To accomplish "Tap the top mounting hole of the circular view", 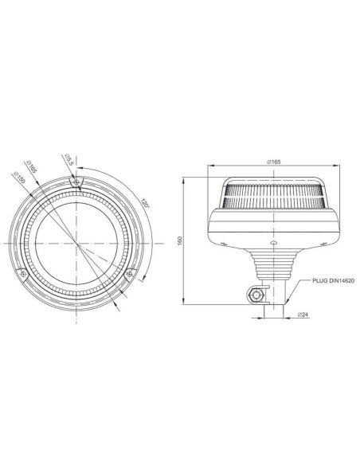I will click(76, 182).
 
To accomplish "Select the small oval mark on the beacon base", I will click(273, 238).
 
